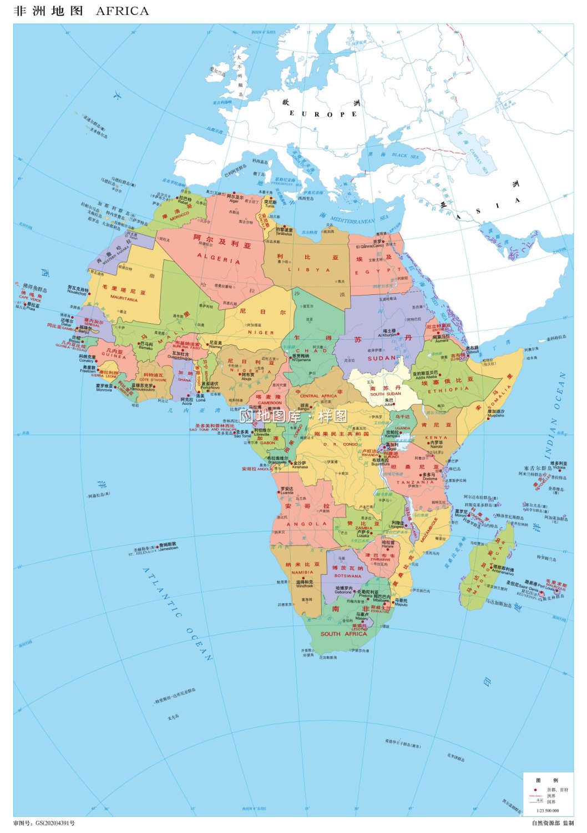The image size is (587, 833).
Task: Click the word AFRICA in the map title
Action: coord(122,11)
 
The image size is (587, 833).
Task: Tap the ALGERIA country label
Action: coord(219,259)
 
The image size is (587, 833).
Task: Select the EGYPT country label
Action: coord(378,272)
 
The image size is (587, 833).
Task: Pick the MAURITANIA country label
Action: coord(124,298)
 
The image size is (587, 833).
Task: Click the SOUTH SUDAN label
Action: coord(385,394)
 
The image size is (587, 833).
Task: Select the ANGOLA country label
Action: coord(307,524)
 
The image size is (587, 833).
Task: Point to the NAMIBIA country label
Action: coord(302,572)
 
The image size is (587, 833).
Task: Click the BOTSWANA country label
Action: coord(348,576)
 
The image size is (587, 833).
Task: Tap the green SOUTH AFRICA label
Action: coord(343,634)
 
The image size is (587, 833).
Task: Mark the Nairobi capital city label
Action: coord(436,446)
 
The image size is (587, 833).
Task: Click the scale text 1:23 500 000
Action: coord(547,810)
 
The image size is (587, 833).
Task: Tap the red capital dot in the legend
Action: coord(535,789)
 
